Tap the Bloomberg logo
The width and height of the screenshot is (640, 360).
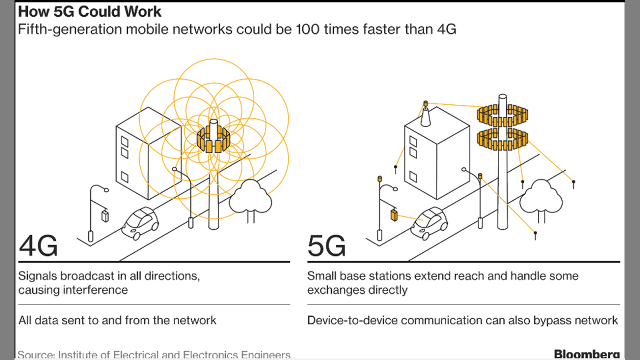point(586,354)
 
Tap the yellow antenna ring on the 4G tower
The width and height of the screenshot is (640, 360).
point(213,140)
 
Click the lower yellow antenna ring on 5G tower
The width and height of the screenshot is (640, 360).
point(502,139)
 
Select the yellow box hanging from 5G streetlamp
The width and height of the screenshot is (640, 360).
point(394,215)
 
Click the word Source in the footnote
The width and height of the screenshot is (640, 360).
point(35,355)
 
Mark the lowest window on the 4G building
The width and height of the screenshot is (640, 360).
point(124,177)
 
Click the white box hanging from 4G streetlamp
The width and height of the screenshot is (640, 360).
point(105,215)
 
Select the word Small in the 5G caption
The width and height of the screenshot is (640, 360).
point(322,275)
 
